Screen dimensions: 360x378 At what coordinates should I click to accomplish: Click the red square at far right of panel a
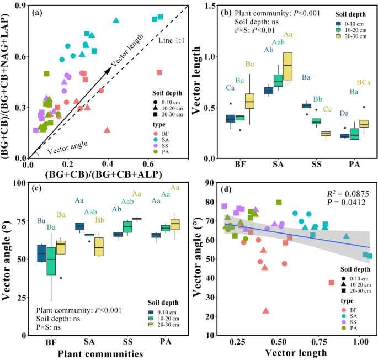pos(159,72)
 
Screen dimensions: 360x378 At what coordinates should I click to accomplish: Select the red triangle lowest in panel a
pos(107,130)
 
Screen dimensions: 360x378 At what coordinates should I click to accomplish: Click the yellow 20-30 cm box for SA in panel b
pos(288,66)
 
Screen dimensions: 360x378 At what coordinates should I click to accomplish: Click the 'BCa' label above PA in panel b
pos(363,83)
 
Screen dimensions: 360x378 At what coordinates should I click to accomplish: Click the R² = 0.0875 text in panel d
pos(343,194)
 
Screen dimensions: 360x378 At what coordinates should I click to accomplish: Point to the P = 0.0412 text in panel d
pos(344,203)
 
